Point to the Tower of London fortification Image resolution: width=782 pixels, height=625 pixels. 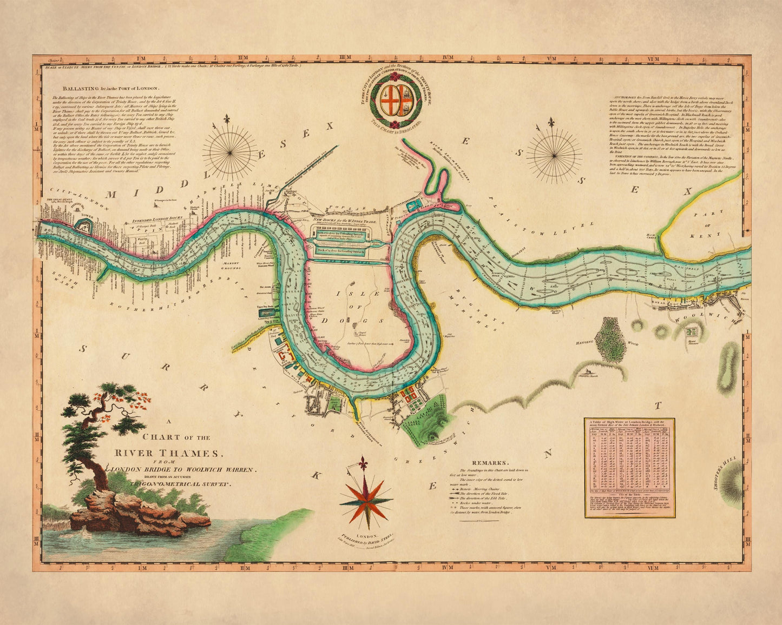coord(83,227)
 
